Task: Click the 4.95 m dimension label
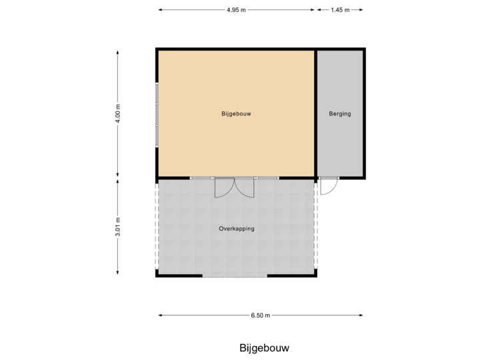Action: click(236, 10)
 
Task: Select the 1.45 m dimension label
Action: click(339, 10)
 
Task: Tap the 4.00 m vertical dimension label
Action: click(118, 113)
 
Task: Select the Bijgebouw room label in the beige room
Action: click(236, 114)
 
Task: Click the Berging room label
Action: click(339, 114)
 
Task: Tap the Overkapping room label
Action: click(237, 229)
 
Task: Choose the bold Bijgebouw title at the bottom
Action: click(265, 348)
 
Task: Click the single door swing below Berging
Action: click(329, 187)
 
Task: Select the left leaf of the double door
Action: click(223, 189)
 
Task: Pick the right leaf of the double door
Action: click(245, 189)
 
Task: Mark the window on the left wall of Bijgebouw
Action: click(157, 115)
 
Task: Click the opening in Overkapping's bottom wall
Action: click(235, 276)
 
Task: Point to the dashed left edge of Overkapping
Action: click(157, 227)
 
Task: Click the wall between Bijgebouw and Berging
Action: click(315, 113)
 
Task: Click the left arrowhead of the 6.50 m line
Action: click(160, 315)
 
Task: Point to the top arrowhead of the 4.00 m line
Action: click(118, 51)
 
